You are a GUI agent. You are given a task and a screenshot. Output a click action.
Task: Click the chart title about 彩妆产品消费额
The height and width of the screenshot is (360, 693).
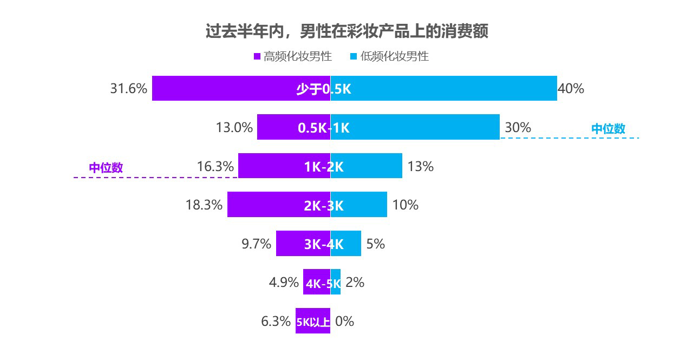pyautogui.click(x=346, y=31)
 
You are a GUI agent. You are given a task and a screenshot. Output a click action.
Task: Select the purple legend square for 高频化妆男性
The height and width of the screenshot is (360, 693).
pyautogui.click(x=257, y=56)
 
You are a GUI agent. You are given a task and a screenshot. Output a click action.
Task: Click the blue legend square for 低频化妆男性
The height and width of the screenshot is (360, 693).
pyautogui.click(x=354, y=56)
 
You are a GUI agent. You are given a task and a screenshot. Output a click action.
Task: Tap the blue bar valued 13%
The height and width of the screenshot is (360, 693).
pyautogui.click(x=374, y=166)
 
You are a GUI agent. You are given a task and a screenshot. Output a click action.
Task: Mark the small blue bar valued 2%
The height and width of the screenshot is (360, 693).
pyautogui.click(x=336, y=282)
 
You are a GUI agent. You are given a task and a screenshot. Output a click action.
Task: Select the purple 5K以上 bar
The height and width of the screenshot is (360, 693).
pyautogui.click(x=312, y=321)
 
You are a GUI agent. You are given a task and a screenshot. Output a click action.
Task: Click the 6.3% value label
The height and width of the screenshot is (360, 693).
pyautogui.click(x=276, y=321)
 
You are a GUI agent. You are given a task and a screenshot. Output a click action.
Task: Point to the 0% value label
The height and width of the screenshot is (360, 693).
pyautogui.click(x=345, y=321)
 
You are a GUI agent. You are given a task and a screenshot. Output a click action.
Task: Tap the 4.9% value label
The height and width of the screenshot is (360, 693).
pyautogui.click(x=284, y=282)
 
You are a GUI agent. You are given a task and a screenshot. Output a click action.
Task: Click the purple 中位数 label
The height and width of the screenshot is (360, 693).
pyautogui.click(x=106, y=168)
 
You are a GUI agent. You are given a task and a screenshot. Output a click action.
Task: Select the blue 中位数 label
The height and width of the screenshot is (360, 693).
pyautogui.click(x=608, y=129)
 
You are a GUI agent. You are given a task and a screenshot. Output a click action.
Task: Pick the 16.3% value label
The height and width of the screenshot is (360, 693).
pyautogui.click(x=215, y=166)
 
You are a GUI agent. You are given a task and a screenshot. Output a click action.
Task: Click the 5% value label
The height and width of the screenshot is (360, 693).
pyautogui.click(x=376, y=244)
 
